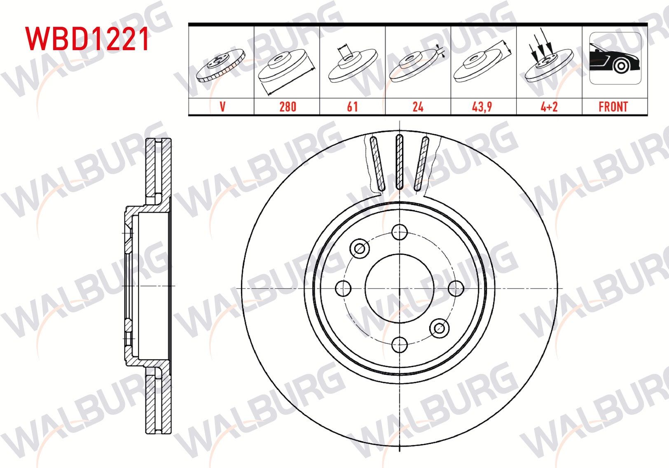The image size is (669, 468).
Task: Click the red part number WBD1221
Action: pyautogui.click(x=87, y=39)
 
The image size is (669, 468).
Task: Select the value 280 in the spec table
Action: pyautogui.click(x=287, y=107)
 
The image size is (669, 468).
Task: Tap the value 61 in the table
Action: pyautogui.click(x=352, y=107)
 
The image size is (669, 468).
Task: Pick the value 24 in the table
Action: pyautogui.click(x=418, y=107)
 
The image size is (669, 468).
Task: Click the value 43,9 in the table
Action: pyautogui.click(x=482, y=107)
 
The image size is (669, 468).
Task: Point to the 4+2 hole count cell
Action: pyautogui.click(x=549, y=107)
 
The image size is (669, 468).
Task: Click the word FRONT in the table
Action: pyautogui.click(x=613, y=107)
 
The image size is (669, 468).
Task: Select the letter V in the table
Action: pyautogui.click(x=222, y=107)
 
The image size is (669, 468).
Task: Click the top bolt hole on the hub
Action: pyautogui.click(x=400, y=232)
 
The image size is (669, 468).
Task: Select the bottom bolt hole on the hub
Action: pyautogui.click(x=400, y=345)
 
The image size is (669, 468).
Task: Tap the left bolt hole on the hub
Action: pyautogui.click(x=343, y=288)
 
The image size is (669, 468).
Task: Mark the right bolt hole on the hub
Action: pyautogui.click(x=456, y=288)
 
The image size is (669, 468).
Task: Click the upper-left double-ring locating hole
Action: pyautogui.click(x=360, y=248)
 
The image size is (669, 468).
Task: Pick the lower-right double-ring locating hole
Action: pyautogui.click(x=439, y=328)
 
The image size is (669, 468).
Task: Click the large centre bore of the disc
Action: pyautogui.click(x=400, y=288)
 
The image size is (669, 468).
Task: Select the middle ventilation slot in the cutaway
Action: pyautogui.click(x=399, y=162)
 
